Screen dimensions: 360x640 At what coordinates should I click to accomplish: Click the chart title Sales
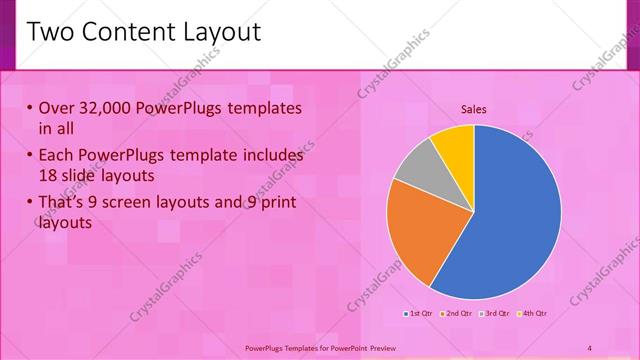click(474, 109)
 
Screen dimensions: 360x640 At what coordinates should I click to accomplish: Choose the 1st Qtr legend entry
click(420, 314)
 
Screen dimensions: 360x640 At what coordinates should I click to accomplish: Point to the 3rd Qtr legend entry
click(497, 314)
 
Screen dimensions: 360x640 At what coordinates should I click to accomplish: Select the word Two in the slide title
click(51, 32)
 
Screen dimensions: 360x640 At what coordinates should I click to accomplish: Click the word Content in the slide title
click(124, 32)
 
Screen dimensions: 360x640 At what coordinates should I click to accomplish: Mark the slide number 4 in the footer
click(590, 347)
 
